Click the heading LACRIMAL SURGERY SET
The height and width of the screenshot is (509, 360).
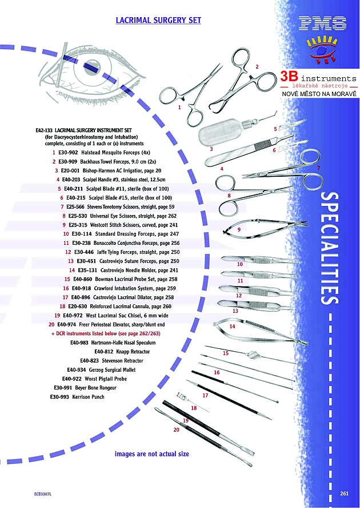(158, 20)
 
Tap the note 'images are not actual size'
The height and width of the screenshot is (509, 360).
(151, 454)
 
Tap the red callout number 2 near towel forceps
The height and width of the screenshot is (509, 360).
(257, 67)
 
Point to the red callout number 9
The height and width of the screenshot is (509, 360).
(238, 229)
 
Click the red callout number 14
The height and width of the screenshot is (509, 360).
(232, 327)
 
